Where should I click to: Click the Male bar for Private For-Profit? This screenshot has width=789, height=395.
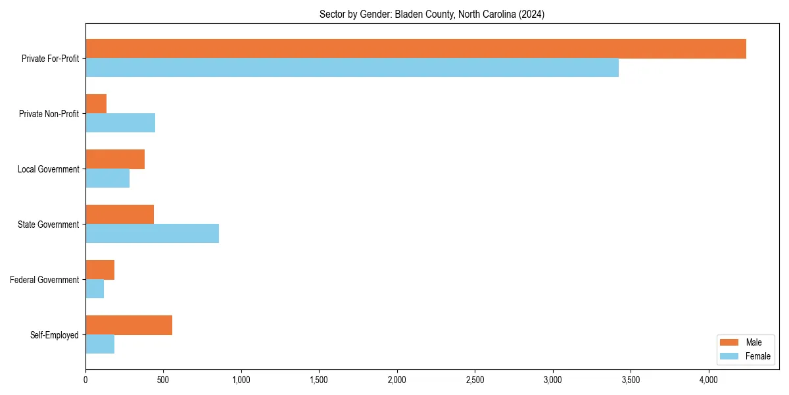coord(416,49)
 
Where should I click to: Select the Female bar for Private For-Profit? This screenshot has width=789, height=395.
coord(352,68)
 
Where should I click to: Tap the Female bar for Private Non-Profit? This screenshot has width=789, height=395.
coord(120,123)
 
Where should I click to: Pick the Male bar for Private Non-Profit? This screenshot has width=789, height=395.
coord(96,104)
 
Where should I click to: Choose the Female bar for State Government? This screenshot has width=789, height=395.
coord(152,234)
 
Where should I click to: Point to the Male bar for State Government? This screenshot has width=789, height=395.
coord(120,215)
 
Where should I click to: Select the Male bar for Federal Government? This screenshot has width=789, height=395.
coord(100,270)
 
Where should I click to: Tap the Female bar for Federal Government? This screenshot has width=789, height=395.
coord(95,289)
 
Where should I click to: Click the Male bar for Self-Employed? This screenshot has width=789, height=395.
coord(129,325)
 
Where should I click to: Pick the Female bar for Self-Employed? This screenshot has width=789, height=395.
coord(100,344)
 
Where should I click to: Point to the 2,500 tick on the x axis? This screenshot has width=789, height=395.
coord(475,380)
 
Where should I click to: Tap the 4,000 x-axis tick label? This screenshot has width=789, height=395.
coord(708,380)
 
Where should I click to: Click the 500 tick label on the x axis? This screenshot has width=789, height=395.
coord(163,380)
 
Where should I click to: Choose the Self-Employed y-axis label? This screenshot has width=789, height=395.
coord(55,335)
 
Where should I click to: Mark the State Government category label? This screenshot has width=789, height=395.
coord(49,224)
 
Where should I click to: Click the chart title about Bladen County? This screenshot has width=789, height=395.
coord(432,14)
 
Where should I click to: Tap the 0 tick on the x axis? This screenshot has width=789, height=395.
coord(85,380)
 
